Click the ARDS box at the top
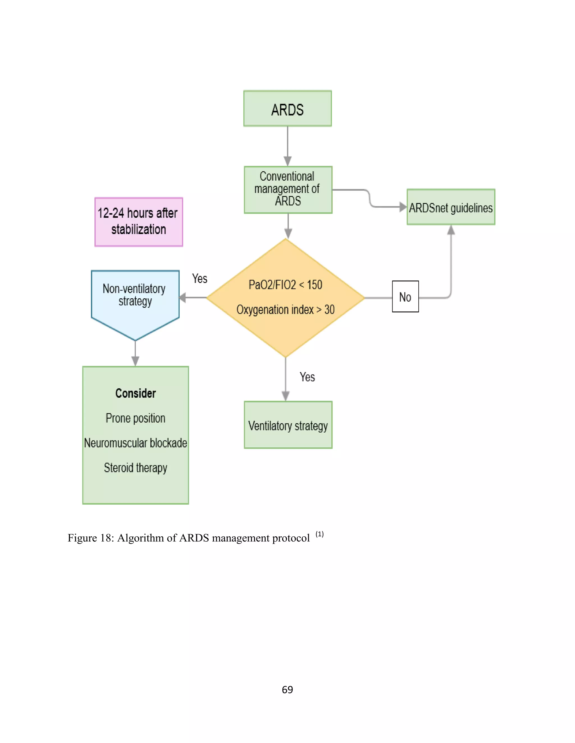[x=287, y=109]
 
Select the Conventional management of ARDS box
[x=288, y=190]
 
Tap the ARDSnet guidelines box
[x=451, y=207]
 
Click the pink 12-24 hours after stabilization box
[x=138, y=221]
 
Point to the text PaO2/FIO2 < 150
[x=285, y=285]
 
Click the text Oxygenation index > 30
[x=285, y=310]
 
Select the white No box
[x=405, y=297]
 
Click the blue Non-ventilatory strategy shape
[x=135, y=299]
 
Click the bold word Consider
[x=135, y=393]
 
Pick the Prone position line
[x=135, y=418]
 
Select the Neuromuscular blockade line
[x=135, y=443]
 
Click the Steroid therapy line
[x=135, y=468]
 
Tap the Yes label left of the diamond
[x=199, y=279]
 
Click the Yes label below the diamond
[x=307, y=377]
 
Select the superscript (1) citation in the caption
[x=319, y=534]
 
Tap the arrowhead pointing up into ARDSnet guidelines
[x=451, y=230]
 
